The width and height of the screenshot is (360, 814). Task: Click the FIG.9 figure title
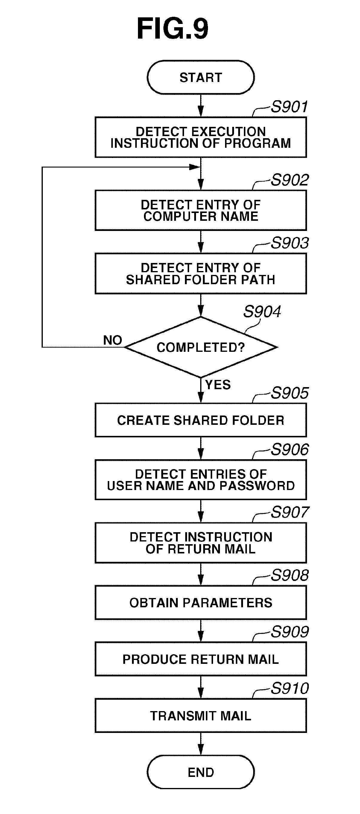point(173,29)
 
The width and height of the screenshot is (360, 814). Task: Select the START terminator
point(201,77)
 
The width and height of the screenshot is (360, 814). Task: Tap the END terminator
point(201,772)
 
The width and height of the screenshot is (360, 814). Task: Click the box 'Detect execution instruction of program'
point(201,137)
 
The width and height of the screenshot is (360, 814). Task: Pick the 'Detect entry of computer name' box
point(201,210)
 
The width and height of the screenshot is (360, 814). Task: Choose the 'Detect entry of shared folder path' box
point(201,274)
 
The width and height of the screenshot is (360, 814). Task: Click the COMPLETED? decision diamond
point(201,347)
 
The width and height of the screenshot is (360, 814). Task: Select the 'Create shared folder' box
point(201,420)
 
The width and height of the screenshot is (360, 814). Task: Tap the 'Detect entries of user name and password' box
point(201,480)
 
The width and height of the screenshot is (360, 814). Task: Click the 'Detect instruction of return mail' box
point(201,543)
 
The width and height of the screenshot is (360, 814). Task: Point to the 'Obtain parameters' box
point(201,602)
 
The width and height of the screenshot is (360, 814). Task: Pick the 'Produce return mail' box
point(201,659)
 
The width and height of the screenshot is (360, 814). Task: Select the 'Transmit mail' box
point(201,716)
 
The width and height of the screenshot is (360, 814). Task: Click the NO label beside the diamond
point(113,340)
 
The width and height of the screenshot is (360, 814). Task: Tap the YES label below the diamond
point(218,385)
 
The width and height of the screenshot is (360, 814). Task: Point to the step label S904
point(262,312)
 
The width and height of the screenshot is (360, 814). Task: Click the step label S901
point(289,107)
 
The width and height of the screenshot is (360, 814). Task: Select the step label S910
point(289,689)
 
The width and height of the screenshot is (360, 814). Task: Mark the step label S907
point(289,512)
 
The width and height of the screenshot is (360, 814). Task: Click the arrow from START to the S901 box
point(201,106)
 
